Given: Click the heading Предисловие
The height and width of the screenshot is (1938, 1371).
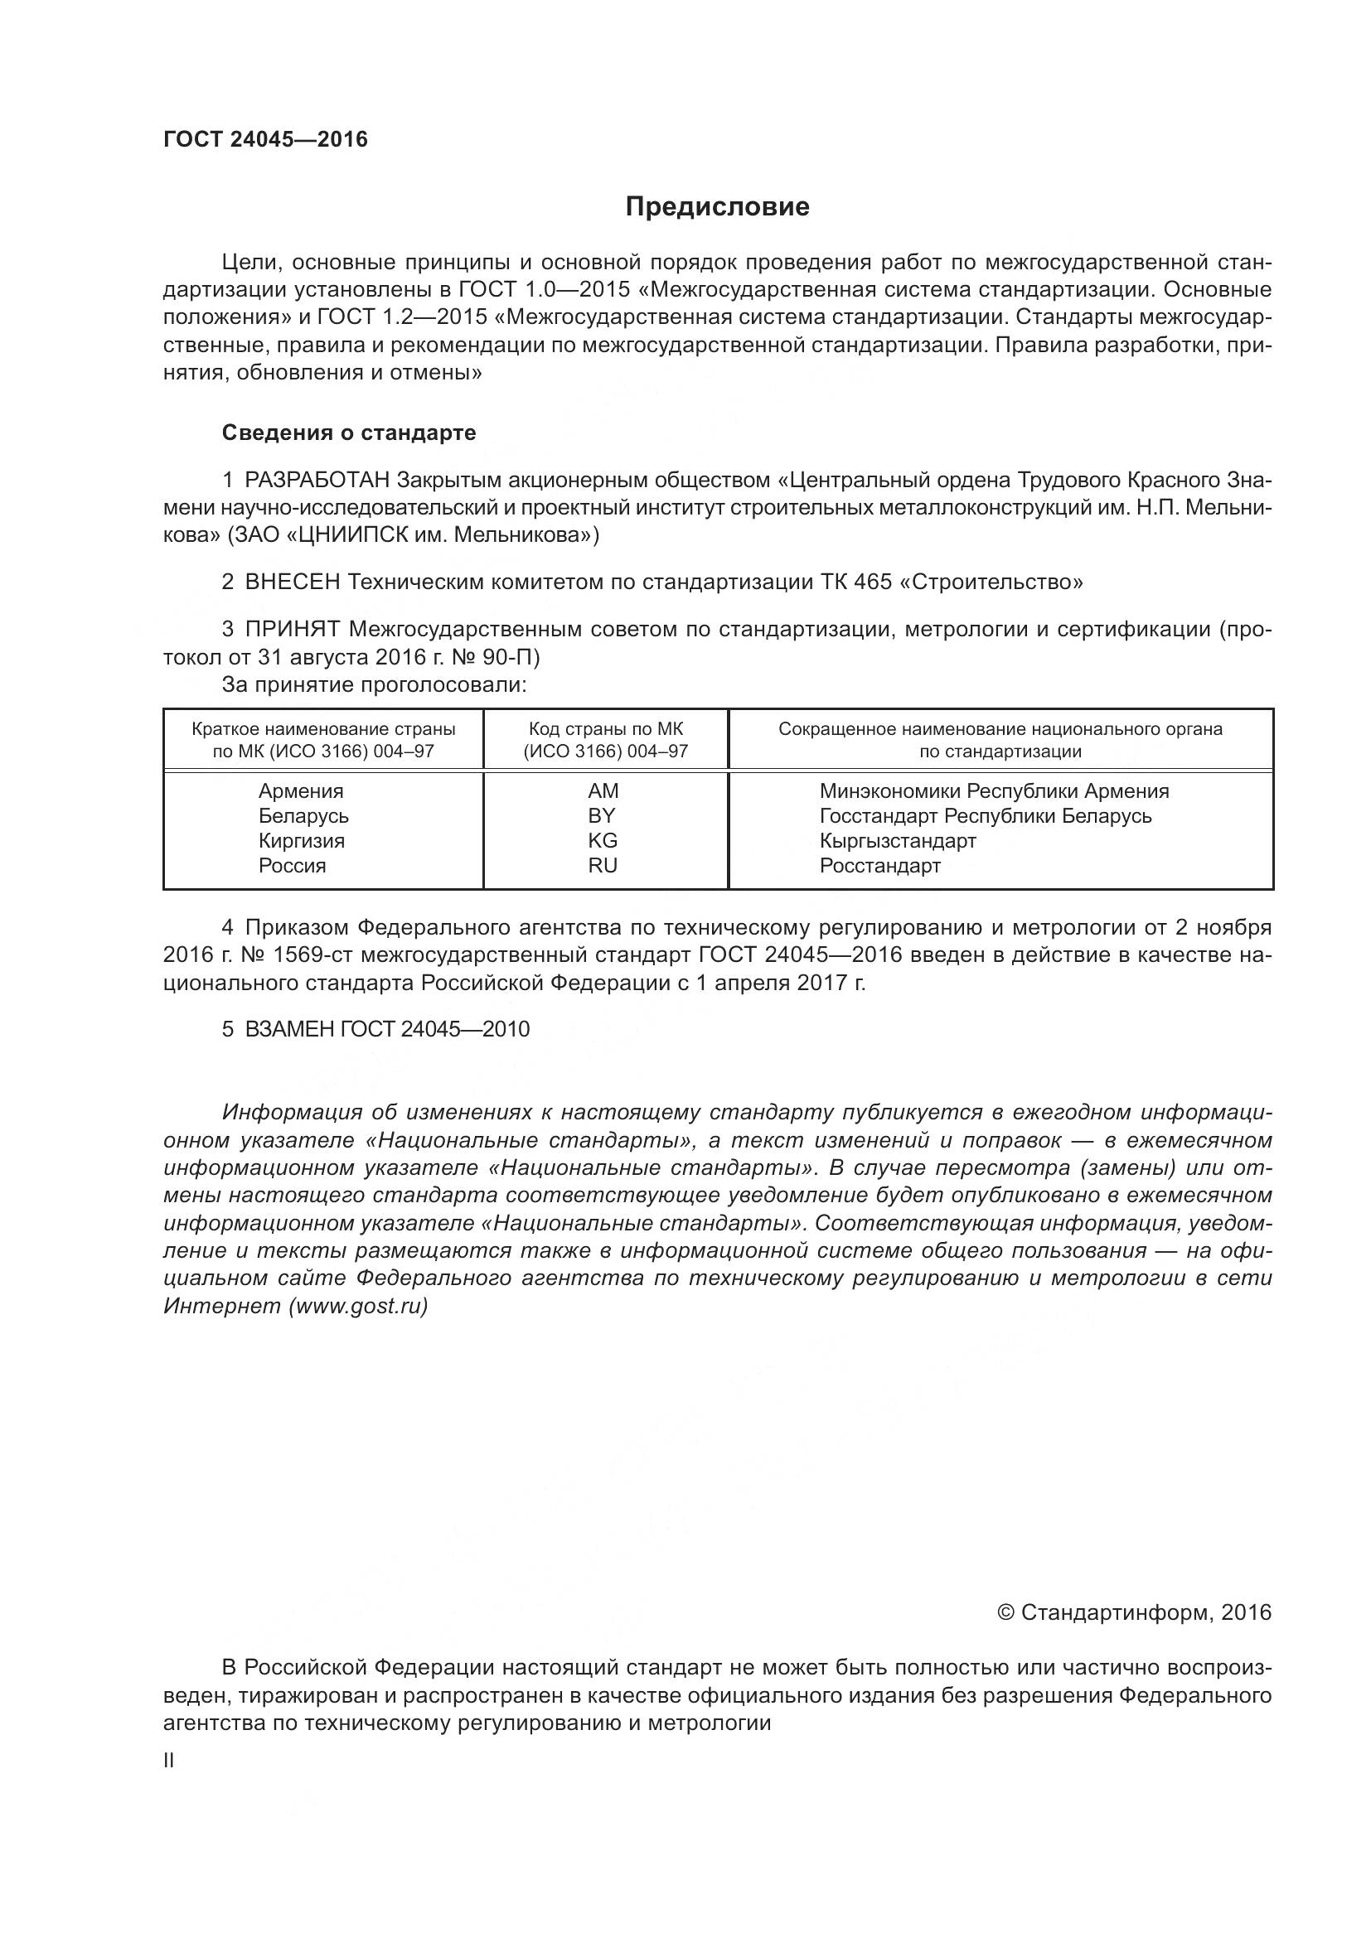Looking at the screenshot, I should click(717, 207).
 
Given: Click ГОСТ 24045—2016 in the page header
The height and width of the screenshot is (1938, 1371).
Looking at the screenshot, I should click(265, 140).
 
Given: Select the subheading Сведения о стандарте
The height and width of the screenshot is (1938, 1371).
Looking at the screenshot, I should click(349, 433).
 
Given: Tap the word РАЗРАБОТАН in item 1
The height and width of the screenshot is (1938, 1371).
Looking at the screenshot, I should click(317, 481).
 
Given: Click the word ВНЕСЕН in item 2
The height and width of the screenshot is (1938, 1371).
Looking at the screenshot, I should click(292, 582).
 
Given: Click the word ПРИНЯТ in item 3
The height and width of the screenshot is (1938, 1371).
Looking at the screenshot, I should click(292, 630).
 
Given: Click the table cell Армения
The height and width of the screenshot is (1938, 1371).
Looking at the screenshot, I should click(301, 792).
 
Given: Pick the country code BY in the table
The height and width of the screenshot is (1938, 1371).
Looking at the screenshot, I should click(603, 816).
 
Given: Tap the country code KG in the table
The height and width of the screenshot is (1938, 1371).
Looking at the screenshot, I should click(603, 841).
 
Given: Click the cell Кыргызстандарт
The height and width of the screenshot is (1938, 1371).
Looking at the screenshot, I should click(898, 841).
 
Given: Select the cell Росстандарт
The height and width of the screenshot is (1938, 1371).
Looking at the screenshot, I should click(879, 866).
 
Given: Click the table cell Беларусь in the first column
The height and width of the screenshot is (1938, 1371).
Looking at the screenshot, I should click(303, 816).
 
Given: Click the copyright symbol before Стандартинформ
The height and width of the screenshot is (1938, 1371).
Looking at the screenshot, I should click(1005, 1613).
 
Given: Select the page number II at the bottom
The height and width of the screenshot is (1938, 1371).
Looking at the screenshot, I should click(169, 1762).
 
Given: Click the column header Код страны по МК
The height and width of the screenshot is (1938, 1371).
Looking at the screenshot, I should click(606, 729).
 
